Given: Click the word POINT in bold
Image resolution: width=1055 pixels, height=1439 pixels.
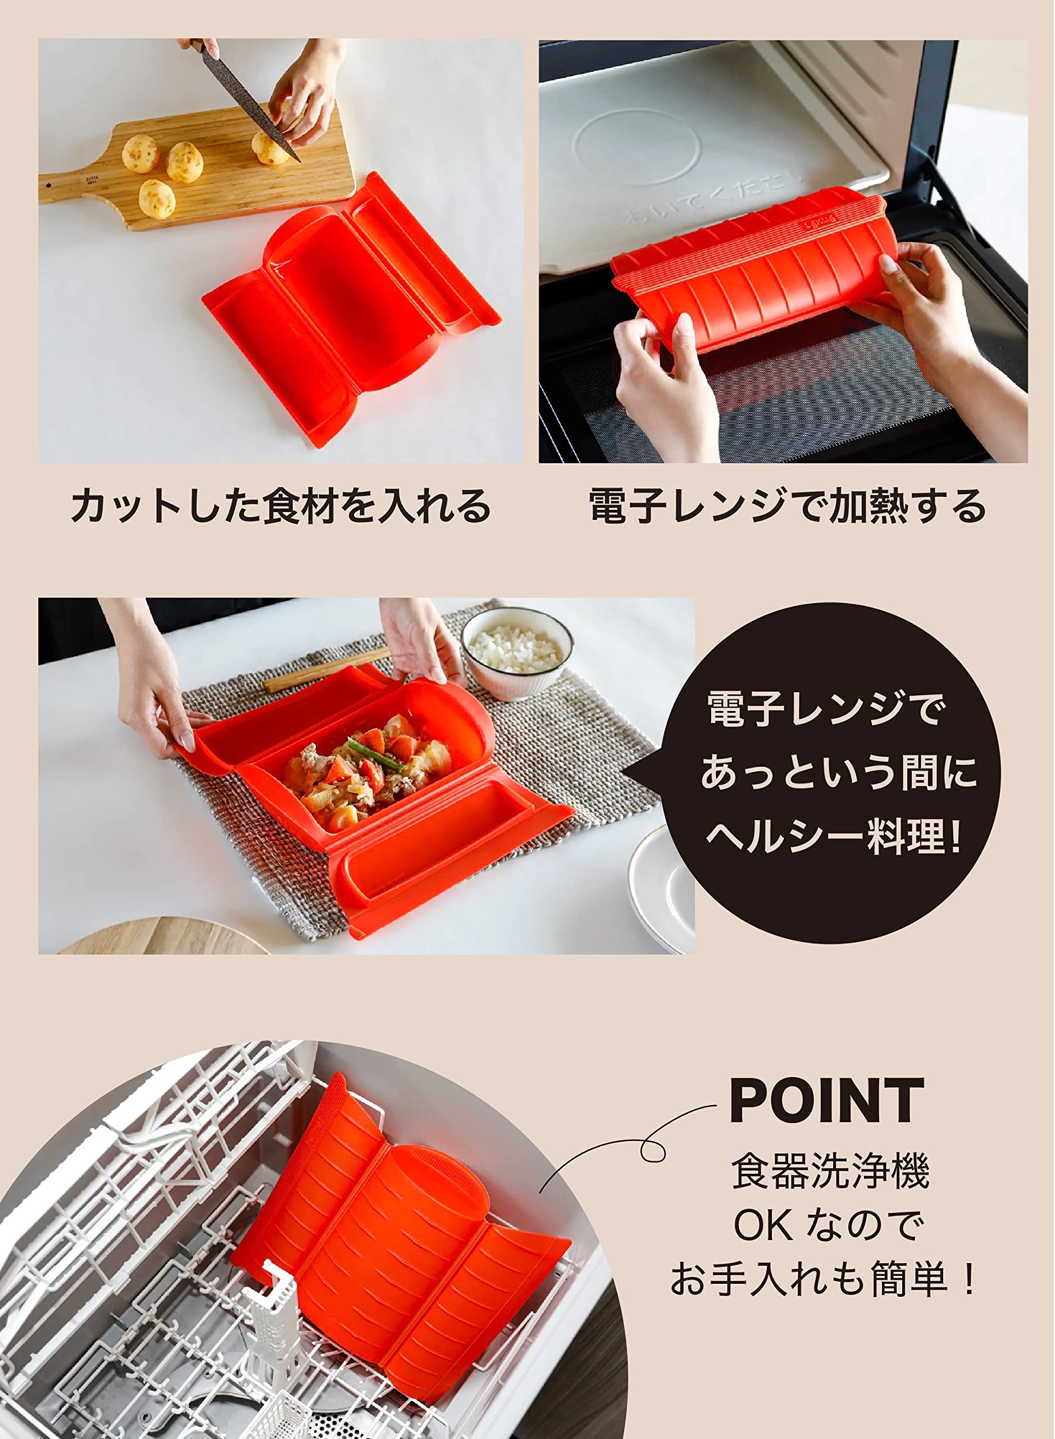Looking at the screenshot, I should pos(826,1101).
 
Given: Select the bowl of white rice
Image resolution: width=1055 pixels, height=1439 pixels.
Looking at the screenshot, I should pos(517,652).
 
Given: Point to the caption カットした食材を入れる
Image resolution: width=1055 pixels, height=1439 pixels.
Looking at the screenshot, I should pos(281,506).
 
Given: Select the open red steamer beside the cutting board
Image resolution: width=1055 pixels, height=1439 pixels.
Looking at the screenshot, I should pos(351,307).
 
